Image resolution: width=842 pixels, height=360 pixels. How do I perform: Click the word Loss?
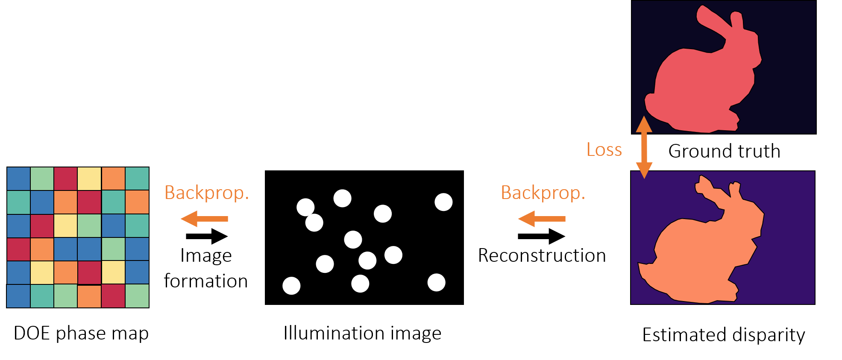(x=604, y=150)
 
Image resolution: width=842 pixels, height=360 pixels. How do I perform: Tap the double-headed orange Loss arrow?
(x=644, y=147)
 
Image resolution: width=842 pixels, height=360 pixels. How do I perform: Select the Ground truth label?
(x=724, y=151)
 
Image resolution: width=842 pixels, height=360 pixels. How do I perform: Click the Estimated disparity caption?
(x=724, y=335)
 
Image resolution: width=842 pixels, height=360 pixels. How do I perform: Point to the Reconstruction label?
(x=542, y=255)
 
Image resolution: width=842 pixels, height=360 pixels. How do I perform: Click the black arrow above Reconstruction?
(x=541, y=236)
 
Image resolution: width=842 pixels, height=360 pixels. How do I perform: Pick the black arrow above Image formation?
(x=207, y=236)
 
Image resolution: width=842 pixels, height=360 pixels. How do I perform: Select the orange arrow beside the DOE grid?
(x=204, y=219)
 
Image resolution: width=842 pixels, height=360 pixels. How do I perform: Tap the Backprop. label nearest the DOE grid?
(x=207, y=193)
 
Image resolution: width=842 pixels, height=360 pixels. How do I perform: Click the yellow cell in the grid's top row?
(x=89, y=179)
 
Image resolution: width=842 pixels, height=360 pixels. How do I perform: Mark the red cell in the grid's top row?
(x=66, y=179)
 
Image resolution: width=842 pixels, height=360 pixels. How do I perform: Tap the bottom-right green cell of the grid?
(x=137, y=296)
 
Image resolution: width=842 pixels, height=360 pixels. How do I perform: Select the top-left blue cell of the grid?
(x=18, y=179)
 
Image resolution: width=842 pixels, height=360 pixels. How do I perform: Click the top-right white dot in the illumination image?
(x=443, y=202)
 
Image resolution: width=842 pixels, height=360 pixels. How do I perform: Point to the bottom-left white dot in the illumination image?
(x=291, y=286)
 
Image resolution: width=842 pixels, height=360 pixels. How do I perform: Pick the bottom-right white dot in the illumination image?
(x=436, y=282)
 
